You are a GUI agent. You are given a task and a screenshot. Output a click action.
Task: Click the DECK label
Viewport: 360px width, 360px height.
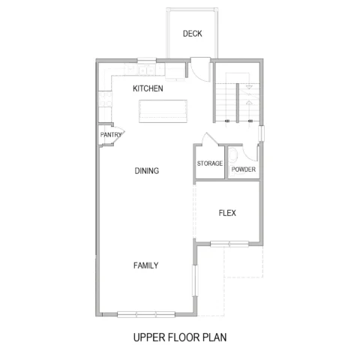[192, 34]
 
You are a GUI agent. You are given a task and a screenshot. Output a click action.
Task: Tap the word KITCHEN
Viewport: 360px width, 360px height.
[148, 88]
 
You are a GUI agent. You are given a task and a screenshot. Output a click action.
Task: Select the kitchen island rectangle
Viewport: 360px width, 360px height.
[163, 111]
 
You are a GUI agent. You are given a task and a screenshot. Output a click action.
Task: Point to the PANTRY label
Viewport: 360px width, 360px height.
[111, 135]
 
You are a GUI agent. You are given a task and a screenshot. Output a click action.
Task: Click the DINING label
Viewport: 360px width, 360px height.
[147, 171]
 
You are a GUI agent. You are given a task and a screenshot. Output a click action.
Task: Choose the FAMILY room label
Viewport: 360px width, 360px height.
[146, 265]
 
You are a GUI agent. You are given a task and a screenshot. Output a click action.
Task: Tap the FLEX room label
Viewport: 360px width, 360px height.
[227, 213]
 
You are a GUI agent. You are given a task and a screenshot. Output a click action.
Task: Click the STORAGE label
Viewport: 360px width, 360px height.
[210, 163]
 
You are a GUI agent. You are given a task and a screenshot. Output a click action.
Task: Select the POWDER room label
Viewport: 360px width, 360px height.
[244, 169]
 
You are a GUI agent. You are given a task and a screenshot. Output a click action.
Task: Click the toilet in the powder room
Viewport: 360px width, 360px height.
[232, 155]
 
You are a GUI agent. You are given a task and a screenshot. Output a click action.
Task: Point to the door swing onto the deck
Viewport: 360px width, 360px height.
[200, 70]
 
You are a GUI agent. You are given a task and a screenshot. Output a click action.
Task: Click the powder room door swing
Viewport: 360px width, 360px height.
[250, 152]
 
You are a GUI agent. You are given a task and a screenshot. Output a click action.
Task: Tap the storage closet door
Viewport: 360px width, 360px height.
[210, 139]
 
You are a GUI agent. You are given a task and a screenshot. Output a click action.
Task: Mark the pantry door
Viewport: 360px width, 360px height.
[119, 135]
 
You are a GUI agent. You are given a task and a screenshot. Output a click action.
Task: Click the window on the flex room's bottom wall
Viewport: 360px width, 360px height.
[229, 244]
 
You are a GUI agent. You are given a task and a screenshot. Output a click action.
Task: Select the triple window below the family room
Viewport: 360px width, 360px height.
[146, 314]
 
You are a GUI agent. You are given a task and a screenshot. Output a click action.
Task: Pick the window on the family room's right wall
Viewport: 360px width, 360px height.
[195, 280]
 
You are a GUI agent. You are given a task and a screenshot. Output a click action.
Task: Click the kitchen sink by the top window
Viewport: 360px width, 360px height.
[147, 70]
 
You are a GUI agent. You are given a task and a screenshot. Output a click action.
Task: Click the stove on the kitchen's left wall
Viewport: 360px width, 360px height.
[105, 99]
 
